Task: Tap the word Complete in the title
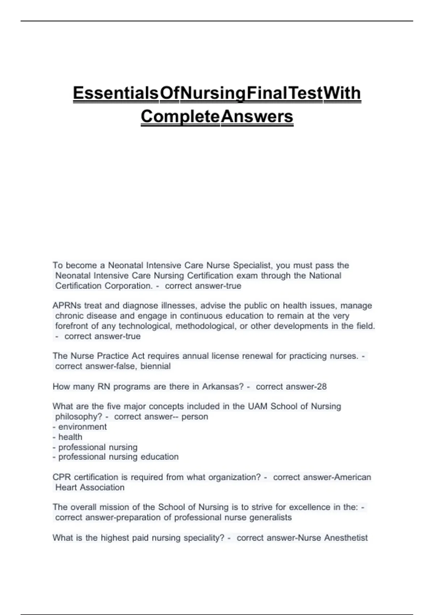coord(180,116)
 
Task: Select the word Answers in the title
coord(257,116)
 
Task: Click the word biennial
coord(156,366)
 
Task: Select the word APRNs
coord(67,305)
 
